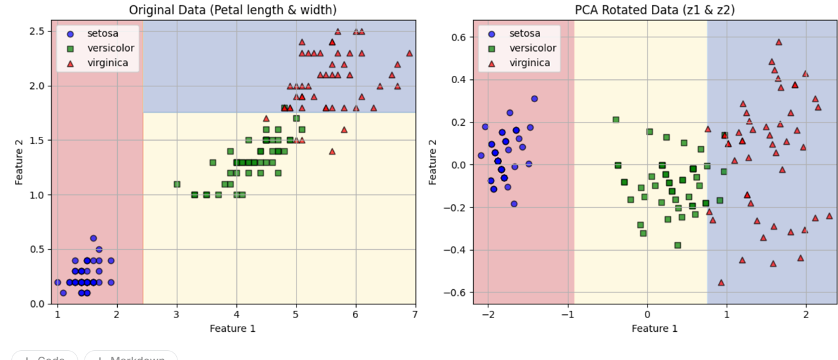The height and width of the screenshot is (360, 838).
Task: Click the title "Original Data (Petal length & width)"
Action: (x=232, y=10)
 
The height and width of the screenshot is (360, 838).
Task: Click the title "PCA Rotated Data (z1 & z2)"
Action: (x=654, y=10)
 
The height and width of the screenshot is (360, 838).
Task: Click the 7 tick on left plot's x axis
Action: (x=415, y=315)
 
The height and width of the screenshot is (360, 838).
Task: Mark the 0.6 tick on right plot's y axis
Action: (x=459, y=37)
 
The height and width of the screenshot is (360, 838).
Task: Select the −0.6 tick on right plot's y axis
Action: (x=456, y=292)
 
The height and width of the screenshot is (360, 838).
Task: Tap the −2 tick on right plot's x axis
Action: (x=488, y=315)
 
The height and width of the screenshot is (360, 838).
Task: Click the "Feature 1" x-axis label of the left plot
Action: (x=232, y=328)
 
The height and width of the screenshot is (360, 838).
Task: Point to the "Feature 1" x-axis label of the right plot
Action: (x=654, y=328)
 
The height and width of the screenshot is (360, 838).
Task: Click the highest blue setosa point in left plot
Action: (x=93, y=238)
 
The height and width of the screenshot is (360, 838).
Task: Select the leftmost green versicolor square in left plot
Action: (x=177, y=184)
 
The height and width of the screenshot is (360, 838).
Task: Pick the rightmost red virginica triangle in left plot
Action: (x=409, y=53)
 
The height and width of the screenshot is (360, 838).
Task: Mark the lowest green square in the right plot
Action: (x=678, y=245)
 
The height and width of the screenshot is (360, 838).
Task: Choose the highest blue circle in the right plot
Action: (x=534, y=99)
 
